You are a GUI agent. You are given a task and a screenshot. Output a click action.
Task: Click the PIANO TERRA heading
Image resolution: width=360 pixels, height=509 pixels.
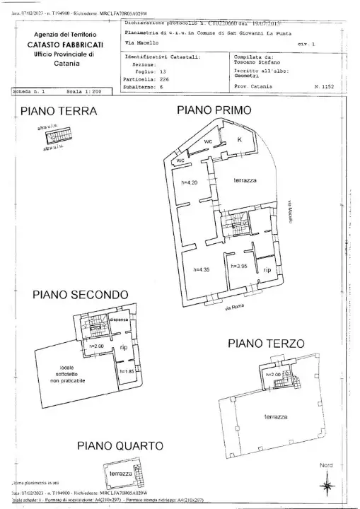click(58, 111)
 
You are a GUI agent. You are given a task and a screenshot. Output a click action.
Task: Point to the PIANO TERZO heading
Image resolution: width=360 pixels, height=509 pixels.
click(267, 344)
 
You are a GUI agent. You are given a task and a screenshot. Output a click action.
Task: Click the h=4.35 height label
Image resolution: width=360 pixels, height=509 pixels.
click(204, 269)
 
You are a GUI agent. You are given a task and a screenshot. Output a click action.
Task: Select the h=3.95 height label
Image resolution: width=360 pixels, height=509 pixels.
click(240, 266)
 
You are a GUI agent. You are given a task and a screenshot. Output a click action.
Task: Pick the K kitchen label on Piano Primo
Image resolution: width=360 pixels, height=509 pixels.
click(240, 140)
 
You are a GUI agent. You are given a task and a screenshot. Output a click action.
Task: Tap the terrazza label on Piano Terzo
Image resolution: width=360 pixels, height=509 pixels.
click(275, 417)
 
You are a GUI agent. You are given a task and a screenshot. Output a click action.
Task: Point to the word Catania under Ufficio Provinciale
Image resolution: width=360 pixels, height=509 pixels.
click(66, 64)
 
